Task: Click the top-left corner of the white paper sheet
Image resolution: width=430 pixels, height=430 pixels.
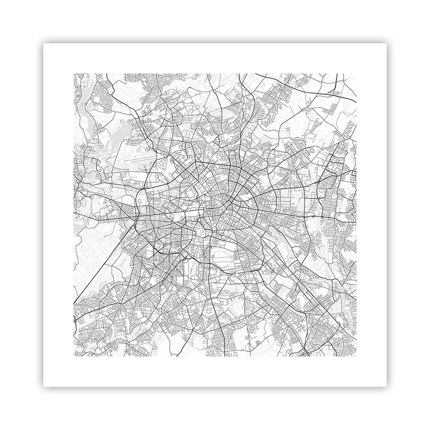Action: point(43,44)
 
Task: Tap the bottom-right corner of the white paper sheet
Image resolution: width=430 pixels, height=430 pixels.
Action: point(387,387)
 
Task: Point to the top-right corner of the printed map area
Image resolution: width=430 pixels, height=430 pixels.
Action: point(357,74)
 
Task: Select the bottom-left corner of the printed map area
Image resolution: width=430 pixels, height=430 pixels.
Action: point(73,357)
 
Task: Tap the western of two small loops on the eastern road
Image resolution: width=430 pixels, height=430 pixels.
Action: point(313,217)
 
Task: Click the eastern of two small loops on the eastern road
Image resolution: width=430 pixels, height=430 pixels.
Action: point(322,217)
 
